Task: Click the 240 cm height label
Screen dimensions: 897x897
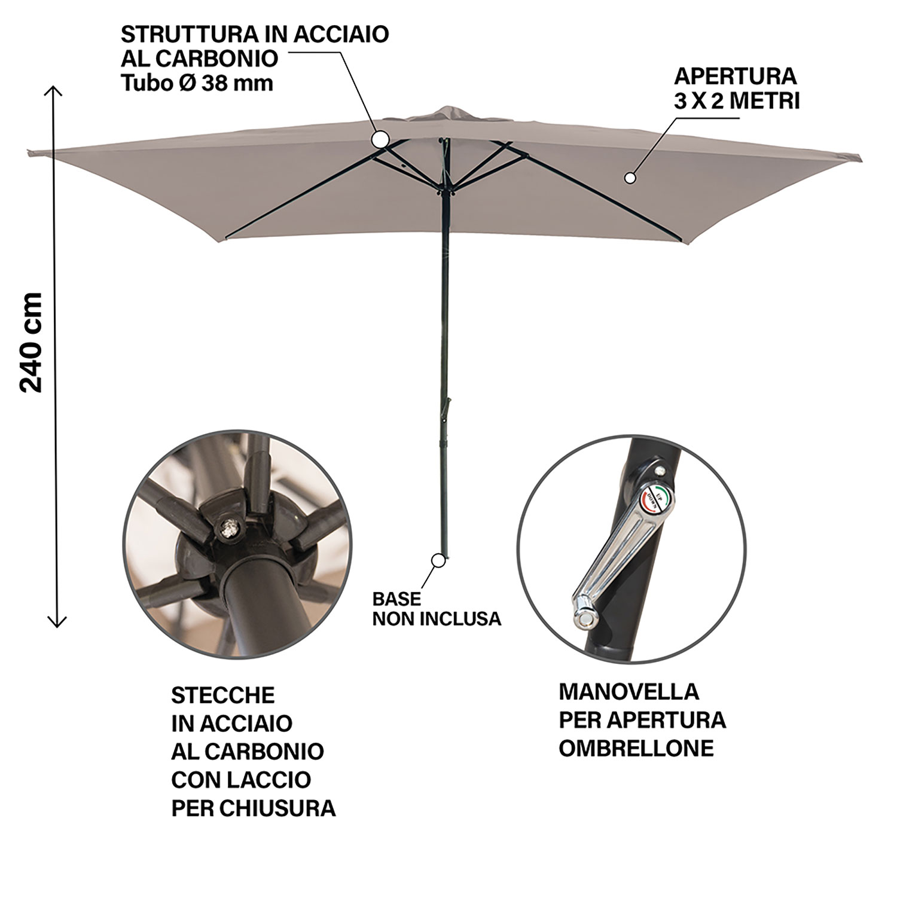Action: (31, 342)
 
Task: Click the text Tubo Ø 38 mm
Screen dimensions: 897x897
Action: (197, 83)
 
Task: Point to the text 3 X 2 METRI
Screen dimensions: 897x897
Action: (737, 101)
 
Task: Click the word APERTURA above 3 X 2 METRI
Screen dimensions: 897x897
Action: (736, 76)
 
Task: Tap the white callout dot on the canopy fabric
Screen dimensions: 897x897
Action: (629, 178)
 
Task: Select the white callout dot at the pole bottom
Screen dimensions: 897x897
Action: (439, 560)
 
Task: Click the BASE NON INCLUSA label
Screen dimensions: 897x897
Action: (437, 609)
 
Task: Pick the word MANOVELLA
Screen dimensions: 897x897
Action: (628, 691)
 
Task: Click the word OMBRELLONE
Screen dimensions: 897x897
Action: (636, 748)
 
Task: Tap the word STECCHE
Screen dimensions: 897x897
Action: (223, 695)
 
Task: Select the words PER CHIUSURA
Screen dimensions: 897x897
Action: (254, 808)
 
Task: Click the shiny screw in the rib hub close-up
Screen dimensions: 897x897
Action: (227, 527)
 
